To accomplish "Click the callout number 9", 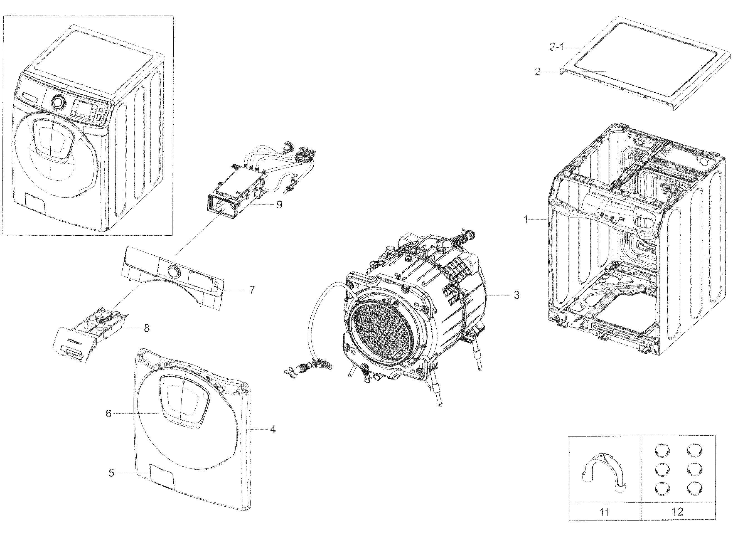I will [279, 205].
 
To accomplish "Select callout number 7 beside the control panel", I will [252, 290].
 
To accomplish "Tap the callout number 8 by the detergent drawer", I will [146, 328].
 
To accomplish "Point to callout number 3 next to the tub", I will [516, 295].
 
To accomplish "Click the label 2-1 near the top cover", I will [556, 47].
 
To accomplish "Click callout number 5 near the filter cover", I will [111, 473].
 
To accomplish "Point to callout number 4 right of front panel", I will [272, 429].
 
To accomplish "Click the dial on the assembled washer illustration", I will [58, 102].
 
